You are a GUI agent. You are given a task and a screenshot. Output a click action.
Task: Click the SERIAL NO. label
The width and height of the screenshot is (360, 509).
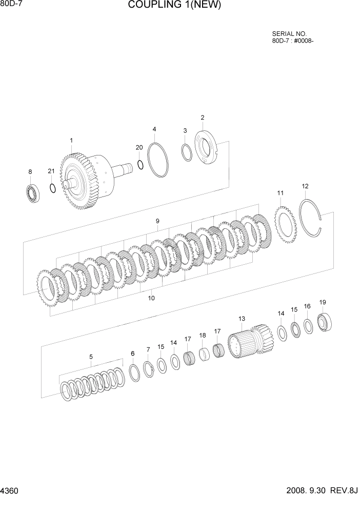tap(289, 33)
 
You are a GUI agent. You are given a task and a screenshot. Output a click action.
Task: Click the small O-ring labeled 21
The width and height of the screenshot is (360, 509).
tap(52, 188)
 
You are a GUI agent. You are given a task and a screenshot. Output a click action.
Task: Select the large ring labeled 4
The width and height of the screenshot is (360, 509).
tap(157, 160)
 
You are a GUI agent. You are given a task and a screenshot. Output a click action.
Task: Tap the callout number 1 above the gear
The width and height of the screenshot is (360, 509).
tap(71, 140)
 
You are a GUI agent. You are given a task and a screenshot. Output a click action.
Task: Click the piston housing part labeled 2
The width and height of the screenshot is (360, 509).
tap(207, 148)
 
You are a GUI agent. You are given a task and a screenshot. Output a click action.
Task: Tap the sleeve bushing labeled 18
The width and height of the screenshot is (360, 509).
tap(204, 355)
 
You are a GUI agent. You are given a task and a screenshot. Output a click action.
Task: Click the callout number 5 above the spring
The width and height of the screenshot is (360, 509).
tap(91, 357)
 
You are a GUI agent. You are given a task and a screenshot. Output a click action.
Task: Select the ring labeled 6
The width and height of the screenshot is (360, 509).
tap(133, 373)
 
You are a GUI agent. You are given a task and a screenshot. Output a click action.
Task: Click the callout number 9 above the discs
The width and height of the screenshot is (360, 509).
tap(157, 221)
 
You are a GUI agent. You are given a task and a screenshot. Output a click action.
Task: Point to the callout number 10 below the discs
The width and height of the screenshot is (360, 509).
tap(151, 298)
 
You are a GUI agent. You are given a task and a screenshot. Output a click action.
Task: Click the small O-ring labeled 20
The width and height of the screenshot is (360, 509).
tap(140, 164)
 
